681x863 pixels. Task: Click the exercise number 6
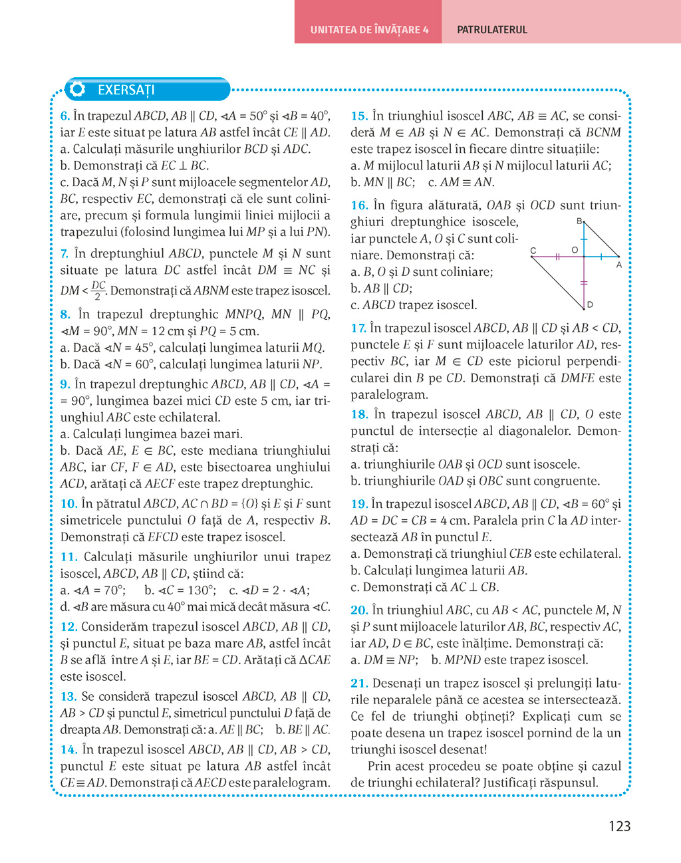(65, 116)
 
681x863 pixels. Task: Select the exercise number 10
(68, 503)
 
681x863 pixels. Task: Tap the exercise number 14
(68, 749)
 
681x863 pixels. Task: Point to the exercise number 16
(359, 205)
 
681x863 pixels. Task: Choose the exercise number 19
(359, 504)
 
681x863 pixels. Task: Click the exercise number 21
(359, 683)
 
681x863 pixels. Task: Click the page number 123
(619, 826)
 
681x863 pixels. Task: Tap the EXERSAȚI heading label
(126, 90)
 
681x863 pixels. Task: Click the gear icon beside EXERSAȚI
(78, 89)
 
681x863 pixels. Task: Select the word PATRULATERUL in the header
(492, 30)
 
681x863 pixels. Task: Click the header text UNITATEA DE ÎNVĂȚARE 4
(369, 30)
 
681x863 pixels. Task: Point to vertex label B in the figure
(579, 221)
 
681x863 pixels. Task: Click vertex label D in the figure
(590, 305)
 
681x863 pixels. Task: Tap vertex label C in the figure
(533, 251)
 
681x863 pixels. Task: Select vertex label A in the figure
(619, 265)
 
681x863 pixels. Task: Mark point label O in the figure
(575, 250)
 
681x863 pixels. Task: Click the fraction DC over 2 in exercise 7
(98, 291)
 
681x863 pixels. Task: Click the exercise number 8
(65, 314)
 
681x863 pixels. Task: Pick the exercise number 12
(68, 626)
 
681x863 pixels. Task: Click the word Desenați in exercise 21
(397, 683)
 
